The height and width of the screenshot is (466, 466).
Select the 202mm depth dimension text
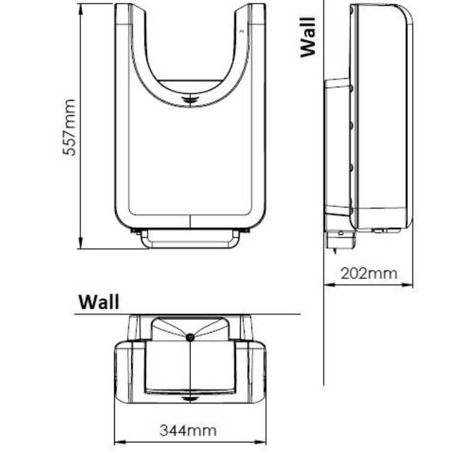368,273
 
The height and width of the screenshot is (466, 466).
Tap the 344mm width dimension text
188,430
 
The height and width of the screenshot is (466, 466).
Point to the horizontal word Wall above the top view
99,302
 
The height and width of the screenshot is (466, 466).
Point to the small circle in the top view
190,337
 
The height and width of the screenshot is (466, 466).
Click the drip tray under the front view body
190,239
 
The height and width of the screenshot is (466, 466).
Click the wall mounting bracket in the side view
337,146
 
